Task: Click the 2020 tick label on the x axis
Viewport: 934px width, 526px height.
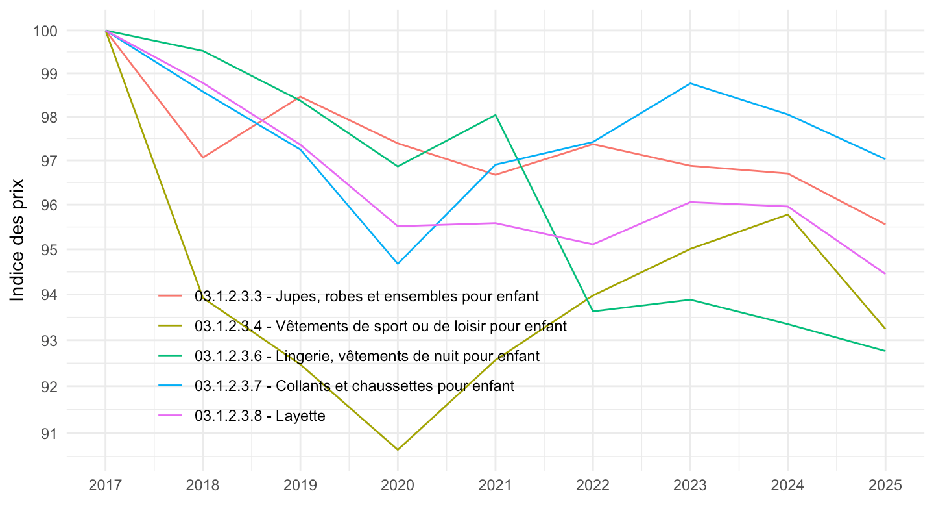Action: [x=398, y=486]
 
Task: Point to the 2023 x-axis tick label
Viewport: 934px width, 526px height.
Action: [x=689, y=486]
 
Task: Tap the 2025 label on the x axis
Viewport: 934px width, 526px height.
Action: [x=885, y=486]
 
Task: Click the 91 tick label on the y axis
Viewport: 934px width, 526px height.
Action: [x=53, y=433]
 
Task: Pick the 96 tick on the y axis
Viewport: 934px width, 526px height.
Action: [x=53, y=205]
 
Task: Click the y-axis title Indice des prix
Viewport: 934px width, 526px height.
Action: [x=18, y=240]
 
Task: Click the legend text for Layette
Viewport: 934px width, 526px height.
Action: [x=259, y=416]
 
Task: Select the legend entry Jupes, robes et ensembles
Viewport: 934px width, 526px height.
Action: [x=366, y=297]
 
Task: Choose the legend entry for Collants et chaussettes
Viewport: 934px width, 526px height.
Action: [x=354, y=386]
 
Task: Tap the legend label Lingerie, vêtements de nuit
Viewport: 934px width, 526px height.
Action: [x=366, y=356]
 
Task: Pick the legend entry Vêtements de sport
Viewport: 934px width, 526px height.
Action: [x=380, y=327]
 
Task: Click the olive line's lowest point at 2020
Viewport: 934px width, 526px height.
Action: [x=398, y=449]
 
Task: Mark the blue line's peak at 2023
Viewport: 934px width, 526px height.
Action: [x=689, y=83]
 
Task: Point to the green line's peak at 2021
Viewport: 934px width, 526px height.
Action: [x=496, y=115]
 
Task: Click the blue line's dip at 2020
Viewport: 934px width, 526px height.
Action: [x=398, y=264]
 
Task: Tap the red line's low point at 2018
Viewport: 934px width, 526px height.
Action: [x=203, y=157]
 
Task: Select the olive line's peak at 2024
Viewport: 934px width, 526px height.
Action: [x=787, y=214]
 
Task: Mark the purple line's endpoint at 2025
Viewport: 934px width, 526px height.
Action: [x=885, y=274]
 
